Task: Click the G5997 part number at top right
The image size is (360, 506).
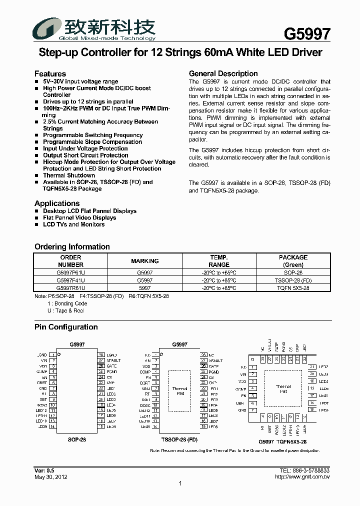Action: click(x=307, y=33)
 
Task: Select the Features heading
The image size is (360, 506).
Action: click(x=50, y=73)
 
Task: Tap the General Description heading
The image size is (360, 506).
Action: click(x=223, y=73)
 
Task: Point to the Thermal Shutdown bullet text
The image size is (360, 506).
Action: click(x=69, y=175)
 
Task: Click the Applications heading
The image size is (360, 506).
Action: click(x=57, y=203)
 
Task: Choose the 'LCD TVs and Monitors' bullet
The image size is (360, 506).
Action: click(x=74, y=224)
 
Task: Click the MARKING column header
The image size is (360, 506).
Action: click(x=144, y=261)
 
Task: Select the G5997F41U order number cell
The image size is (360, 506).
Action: click(x=70, y=281)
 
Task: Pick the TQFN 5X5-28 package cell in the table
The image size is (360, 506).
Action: click(x=293, y=288)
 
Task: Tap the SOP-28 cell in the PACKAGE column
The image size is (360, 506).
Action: click(x=293, y=273)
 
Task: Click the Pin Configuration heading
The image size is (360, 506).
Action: click(x=66, y=327)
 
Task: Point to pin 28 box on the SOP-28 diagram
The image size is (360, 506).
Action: click(x=101, y=354)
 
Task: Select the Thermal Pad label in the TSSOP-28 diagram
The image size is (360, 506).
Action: click(x=180, y=391)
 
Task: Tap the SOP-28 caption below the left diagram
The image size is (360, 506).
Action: click(x=76, y=439)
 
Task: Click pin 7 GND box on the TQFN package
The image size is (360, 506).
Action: click(x=253, y=410)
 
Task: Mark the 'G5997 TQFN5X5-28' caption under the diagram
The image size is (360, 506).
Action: click(x=282, y=442)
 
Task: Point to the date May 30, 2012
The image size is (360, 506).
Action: click(x=51, y=477)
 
